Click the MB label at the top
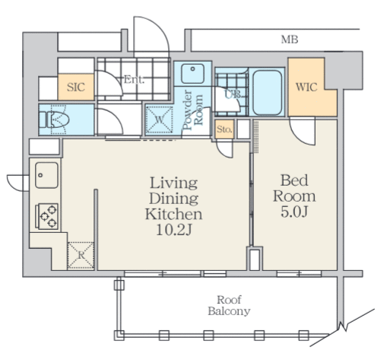[x=290, y=40]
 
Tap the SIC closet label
[x=76, y=88]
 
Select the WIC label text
[x=306, y=88]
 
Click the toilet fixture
[x=54, y=119]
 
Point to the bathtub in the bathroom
[x=268, y=93]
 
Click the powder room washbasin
[x=192, y=73]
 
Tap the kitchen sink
[x=46, y=175]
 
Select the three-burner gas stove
[x=46, y=216]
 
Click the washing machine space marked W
[x=159, y=120]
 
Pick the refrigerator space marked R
[x=81, y=256]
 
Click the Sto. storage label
[x=224, y=129]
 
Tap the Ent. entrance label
[x=134, y=80]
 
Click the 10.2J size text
[x=173, y=231]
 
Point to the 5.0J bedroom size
[x=294, y=212]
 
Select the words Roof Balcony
[x=229, y=305]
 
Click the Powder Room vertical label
[x=193, y=110]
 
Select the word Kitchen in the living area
[x=173, y=215]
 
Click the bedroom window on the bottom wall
[x=299, y=274]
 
